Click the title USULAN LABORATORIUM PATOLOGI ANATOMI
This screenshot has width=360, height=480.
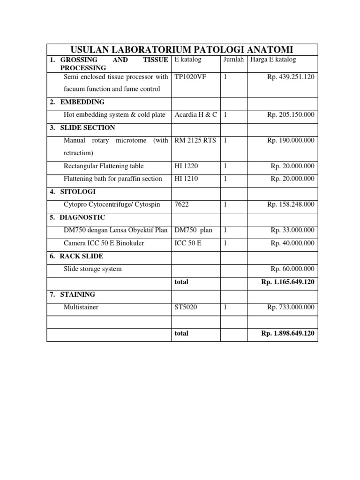182,50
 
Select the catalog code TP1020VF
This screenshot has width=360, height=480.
190,76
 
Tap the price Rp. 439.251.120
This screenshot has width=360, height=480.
291,76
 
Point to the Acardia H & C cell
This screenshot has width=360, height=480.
195,115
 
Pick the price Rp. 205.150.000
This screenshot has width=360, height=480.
291,115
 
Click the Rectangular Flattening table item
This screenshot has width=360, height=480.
104,166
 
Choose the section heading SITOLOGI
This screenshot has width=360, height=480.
79,191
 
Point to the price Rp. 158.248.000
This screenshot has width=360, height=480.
291,204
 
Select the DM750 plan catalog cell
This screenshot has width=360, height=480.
193,230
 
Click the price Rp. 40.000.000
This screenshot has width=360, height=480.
292,243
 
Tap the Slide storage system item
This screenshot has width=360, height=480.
92,269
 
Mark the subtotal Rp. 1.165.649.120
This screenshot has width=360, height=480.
287,282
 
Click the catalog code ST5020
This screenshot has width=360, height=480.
185,307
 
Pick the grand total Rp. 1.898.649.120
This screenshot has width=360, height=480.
287,333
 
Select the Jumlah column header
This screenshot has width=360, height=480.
233,60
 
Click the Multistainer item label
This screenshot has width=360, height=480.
81,307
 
